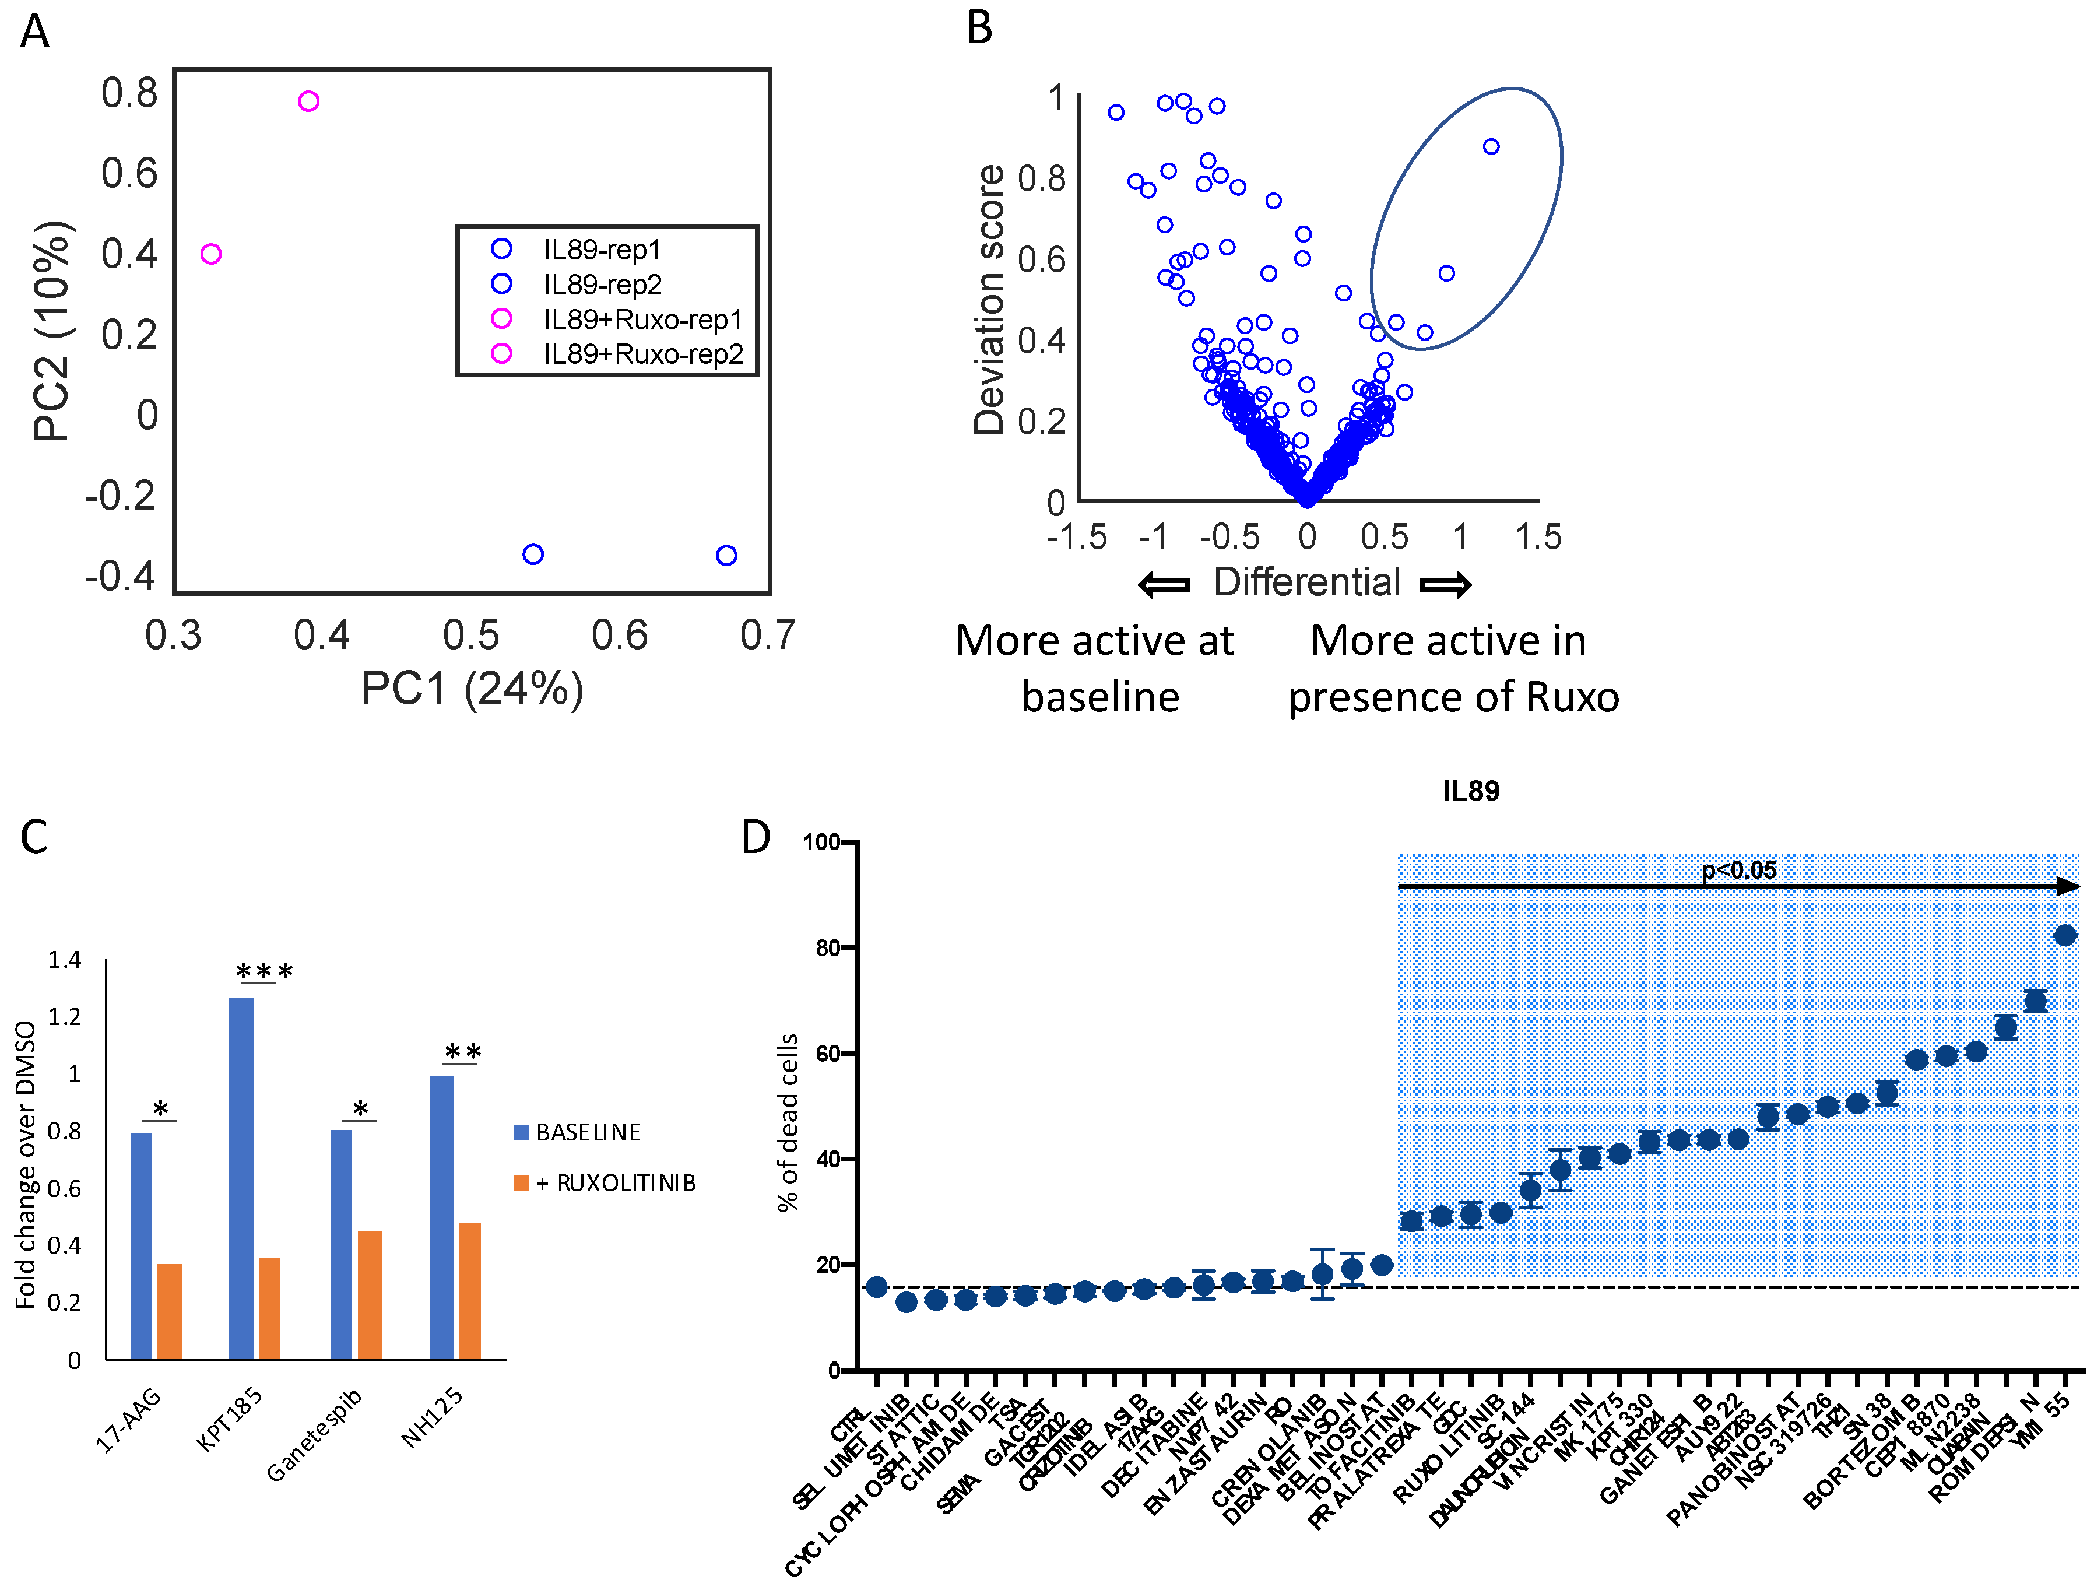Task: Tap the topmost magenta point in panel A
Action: (308, 101)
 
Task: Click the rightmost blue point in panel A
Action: (726, 556)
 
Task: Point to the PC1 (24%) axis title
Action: (472, 689)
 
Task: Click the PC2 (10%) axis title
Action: (52, 331)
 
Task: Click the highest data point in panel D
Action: (2065, 935)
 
